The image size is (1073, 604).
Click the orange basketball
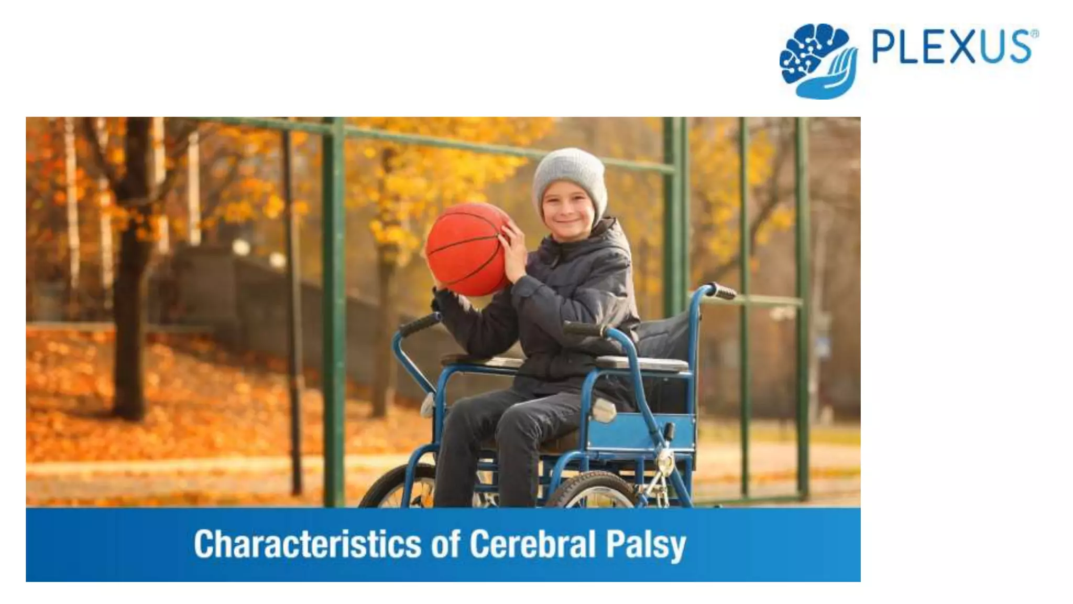coord(466,249)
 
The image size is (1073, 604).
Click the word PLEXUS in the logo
coord(951,47)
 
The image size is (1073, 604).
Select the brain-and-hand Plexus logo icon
coord(818,60)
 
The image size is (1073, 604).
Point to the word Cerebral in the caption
coord(532,544)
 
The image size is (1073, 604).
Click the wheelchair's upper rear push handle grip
coord(721,291)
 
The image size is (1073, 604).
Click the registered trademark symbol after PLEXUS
coord(1034,34)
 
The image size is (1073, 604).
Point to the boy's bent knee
coord(516,419)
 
